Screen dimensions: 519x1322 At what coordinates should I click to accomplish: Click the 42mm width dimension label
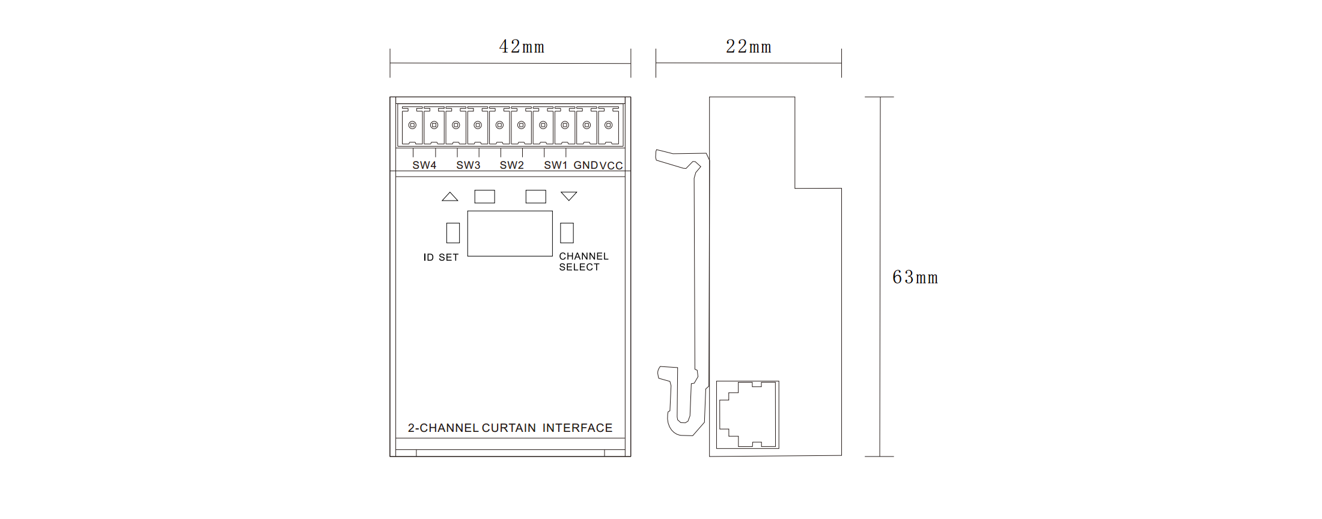tap(522, 47)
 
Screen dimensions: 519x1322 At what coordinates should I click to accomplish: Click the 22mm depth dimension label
tap(748, 47)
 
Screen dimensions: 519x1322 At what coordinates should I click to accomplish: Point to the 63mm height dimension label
tap(915, 278)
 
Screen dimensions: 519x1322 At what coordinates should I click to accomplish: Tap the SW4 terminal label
tap(424, 165)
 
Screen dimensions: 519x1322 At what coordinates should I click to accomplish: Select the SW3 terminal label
tap(468, 165)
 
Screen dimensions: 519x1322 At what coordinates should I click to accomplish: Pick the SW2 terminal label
tap(512, 165)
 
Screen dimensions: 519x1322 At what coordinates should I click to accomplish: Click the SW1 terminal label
tap(556, 165)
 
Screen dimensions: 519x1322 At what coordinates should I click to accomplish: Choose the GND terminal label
tap(586, 165)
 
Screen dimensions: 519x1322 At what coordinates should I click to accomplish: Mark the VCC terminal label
tap(611, 166)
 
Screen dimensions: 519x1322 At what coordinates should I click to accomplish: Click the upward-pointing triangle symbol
tap(450, 196)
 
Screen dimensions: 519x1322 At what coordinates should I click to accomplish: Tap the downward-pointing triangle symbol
tap(569, 196)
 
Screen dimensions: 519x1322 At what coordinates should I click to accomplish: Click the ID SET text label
tap(441, 258)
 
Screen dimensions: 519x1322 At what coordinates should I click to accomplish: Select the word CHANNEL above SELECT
tap(583, 256)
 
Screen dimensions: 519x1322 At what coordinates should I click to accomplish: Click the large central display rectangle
tap(510, 234)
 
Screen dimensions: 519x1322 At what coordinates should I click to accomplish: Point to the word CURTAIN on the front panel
tap(509, 428)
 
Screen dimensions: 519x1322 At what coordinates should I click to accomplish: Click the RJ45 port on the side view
tap(748, 414)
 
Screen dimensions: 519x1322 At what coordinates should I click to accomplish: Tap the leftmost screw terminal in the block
tap(412, 126)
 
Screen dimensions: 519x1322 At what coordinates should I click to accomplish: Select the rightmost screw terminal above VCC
tap(609, 126)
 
